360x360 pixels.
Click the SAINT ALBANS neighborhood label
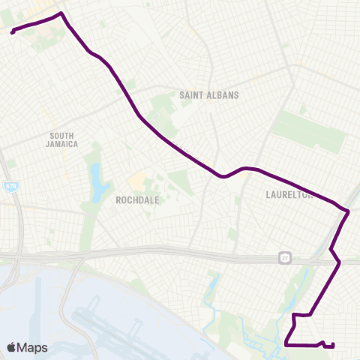click(x=209, y=95)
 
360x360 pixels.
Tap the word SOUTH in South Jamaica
click(x=61, y=136)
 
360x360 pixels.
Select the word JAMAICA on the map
click(x=61, y=144)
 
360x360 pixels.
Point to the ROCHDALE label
click(x=136, y=200)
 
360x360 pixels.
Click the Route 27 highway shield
click(x=286, y=257)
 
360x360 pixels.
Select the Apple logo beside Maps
click(x=12, y=347)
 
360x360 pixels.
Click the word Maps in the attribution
click(x=33, y=347)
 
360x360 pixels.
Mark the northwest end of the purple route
click(x=13, y=31)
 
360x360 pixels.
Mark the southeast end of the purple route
click(x=332, y=345)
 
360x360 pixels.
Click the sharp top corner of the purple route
click(x=61, y=13)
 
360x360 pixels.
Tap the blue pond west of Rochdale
click(x=97, y=182)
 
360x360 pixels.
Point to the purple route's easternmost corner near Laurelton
click(x=349, y=212)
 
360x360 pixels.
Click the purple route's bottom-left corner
click(x=286, y=345)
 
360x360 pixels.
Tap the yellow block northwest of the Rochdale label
click(x=138, y=181)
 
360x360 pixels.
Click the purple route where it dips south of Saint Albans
click(x=222, y=177)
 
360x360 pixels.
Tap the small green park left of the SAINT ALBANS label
click(x=161, y=105)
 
